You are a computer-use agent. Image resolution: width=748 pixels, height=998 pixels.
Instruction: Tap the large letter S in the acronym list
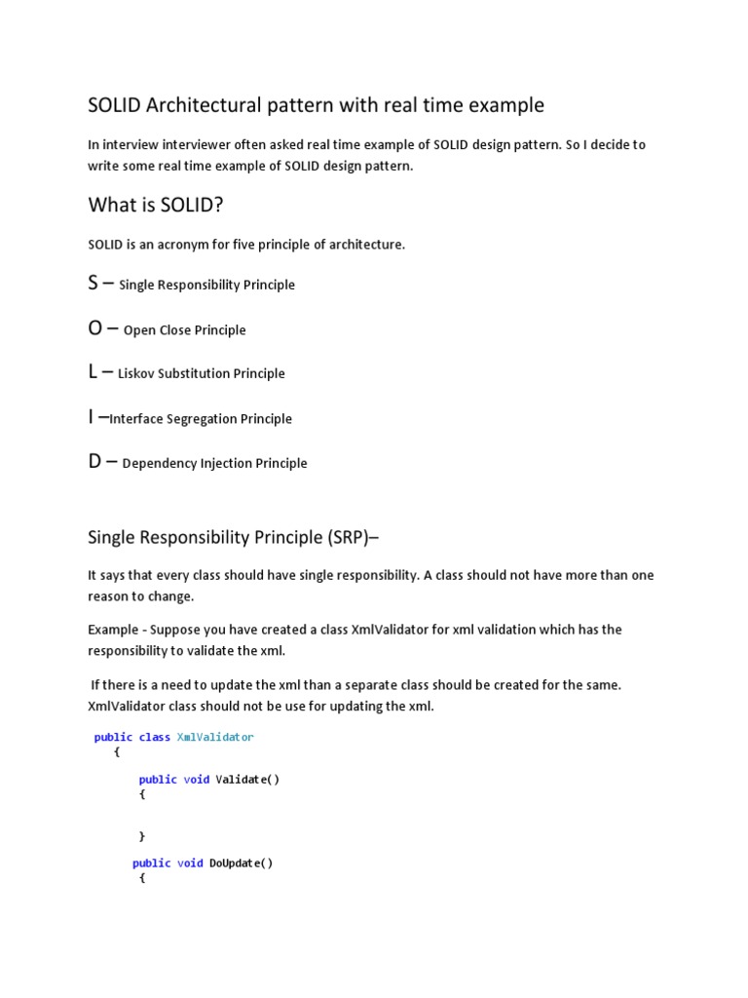click(x=93, y=283)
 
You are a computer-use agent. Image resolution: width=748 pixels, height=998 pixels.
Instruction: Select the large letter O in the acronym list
click(x=95, y=328)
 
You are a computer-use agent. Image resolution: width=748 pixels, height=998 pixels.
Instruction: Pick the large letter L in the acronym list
click(x=93, y=371)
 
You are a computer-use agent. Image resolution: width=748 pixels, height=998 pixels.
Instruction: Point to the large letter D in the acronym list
click(x=95, y=462)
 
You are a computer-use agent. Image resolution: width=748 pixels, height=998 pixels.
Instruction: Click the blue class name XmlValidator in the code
click(x=215, y=737)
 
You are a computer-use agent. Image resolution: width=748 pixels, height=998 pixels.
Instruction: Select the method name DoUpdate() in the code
click(x=242, y=863)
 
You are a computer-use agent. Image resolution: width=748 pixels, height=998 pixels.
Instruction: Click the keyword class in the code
click(x=155, y=737)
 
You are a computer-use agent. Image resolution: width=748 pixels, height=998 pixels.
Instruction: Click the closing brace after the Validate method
click(x=142, y=835)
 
